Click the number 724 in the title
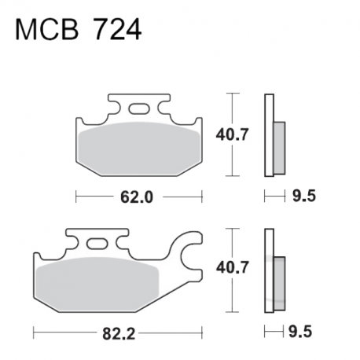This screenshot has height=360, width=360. (x=117, y=30)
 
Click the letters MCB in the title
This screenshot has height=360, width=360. (x=47, y=30)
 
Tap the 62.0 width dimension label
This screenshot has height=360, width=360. (x=137, y=197)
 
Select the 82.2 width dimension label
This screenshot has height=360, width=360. (x=119, y=333)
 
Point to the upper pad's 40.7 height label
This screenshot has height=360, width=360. (x=232, y=134)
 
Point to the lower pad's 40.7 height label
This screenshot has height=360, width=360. (x=232, y=267)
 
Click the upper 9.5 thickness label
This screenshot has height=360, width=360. (x=304, y=196)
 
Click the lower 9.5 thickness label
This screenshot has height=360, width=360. (x=300, y=332)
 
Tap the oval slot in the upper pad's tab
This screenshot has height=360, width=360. (x=138, y=108)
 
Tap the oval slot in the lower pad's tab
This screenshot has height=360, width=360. (x=97, y=244)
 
